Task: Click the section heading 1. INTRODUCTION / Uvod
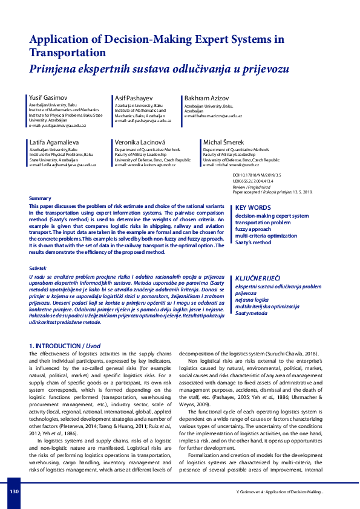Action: [x=65, y=346]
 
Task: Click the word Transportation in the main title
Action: [x=70, y=53]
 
